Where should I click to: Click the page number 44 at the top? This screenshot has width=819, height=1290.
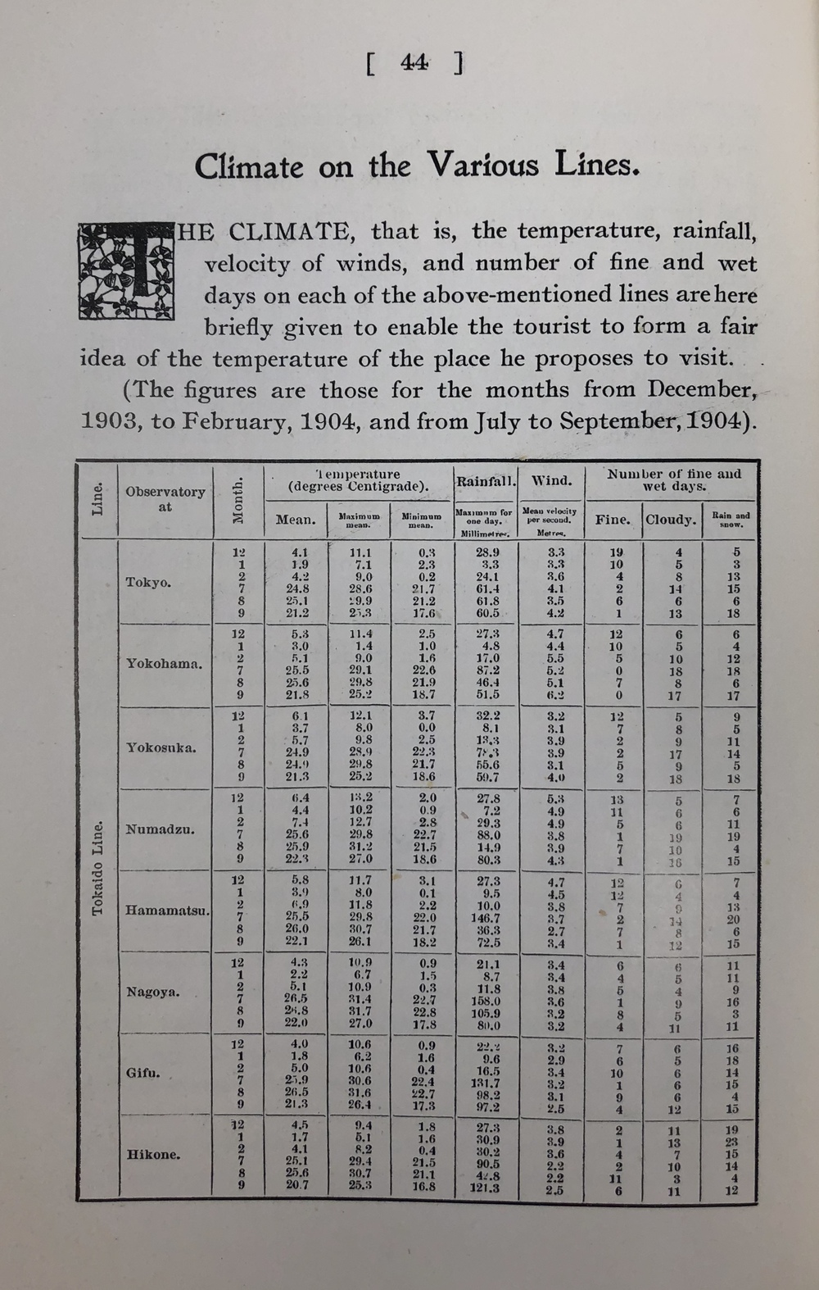414,62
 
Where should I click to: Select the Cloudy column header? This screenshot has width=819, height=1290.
671,520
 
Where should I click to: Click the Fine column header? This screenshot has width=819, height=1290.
613,520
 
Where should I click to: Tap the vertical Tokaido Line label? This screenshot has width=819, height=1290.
98,869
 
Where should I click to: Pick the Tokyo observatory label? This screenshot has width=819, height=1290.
148,582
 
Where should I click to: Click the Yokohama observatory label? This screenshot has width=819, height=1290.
164,664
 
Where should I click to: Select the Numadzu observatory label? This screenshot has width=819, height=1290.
160,829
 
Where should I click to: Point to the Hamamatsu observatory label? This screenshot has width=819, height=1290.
167,911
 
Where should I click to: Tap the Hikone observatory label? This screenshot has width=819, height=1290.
153,1155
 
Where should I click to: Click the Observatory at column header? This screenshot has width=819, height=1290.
165,498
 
